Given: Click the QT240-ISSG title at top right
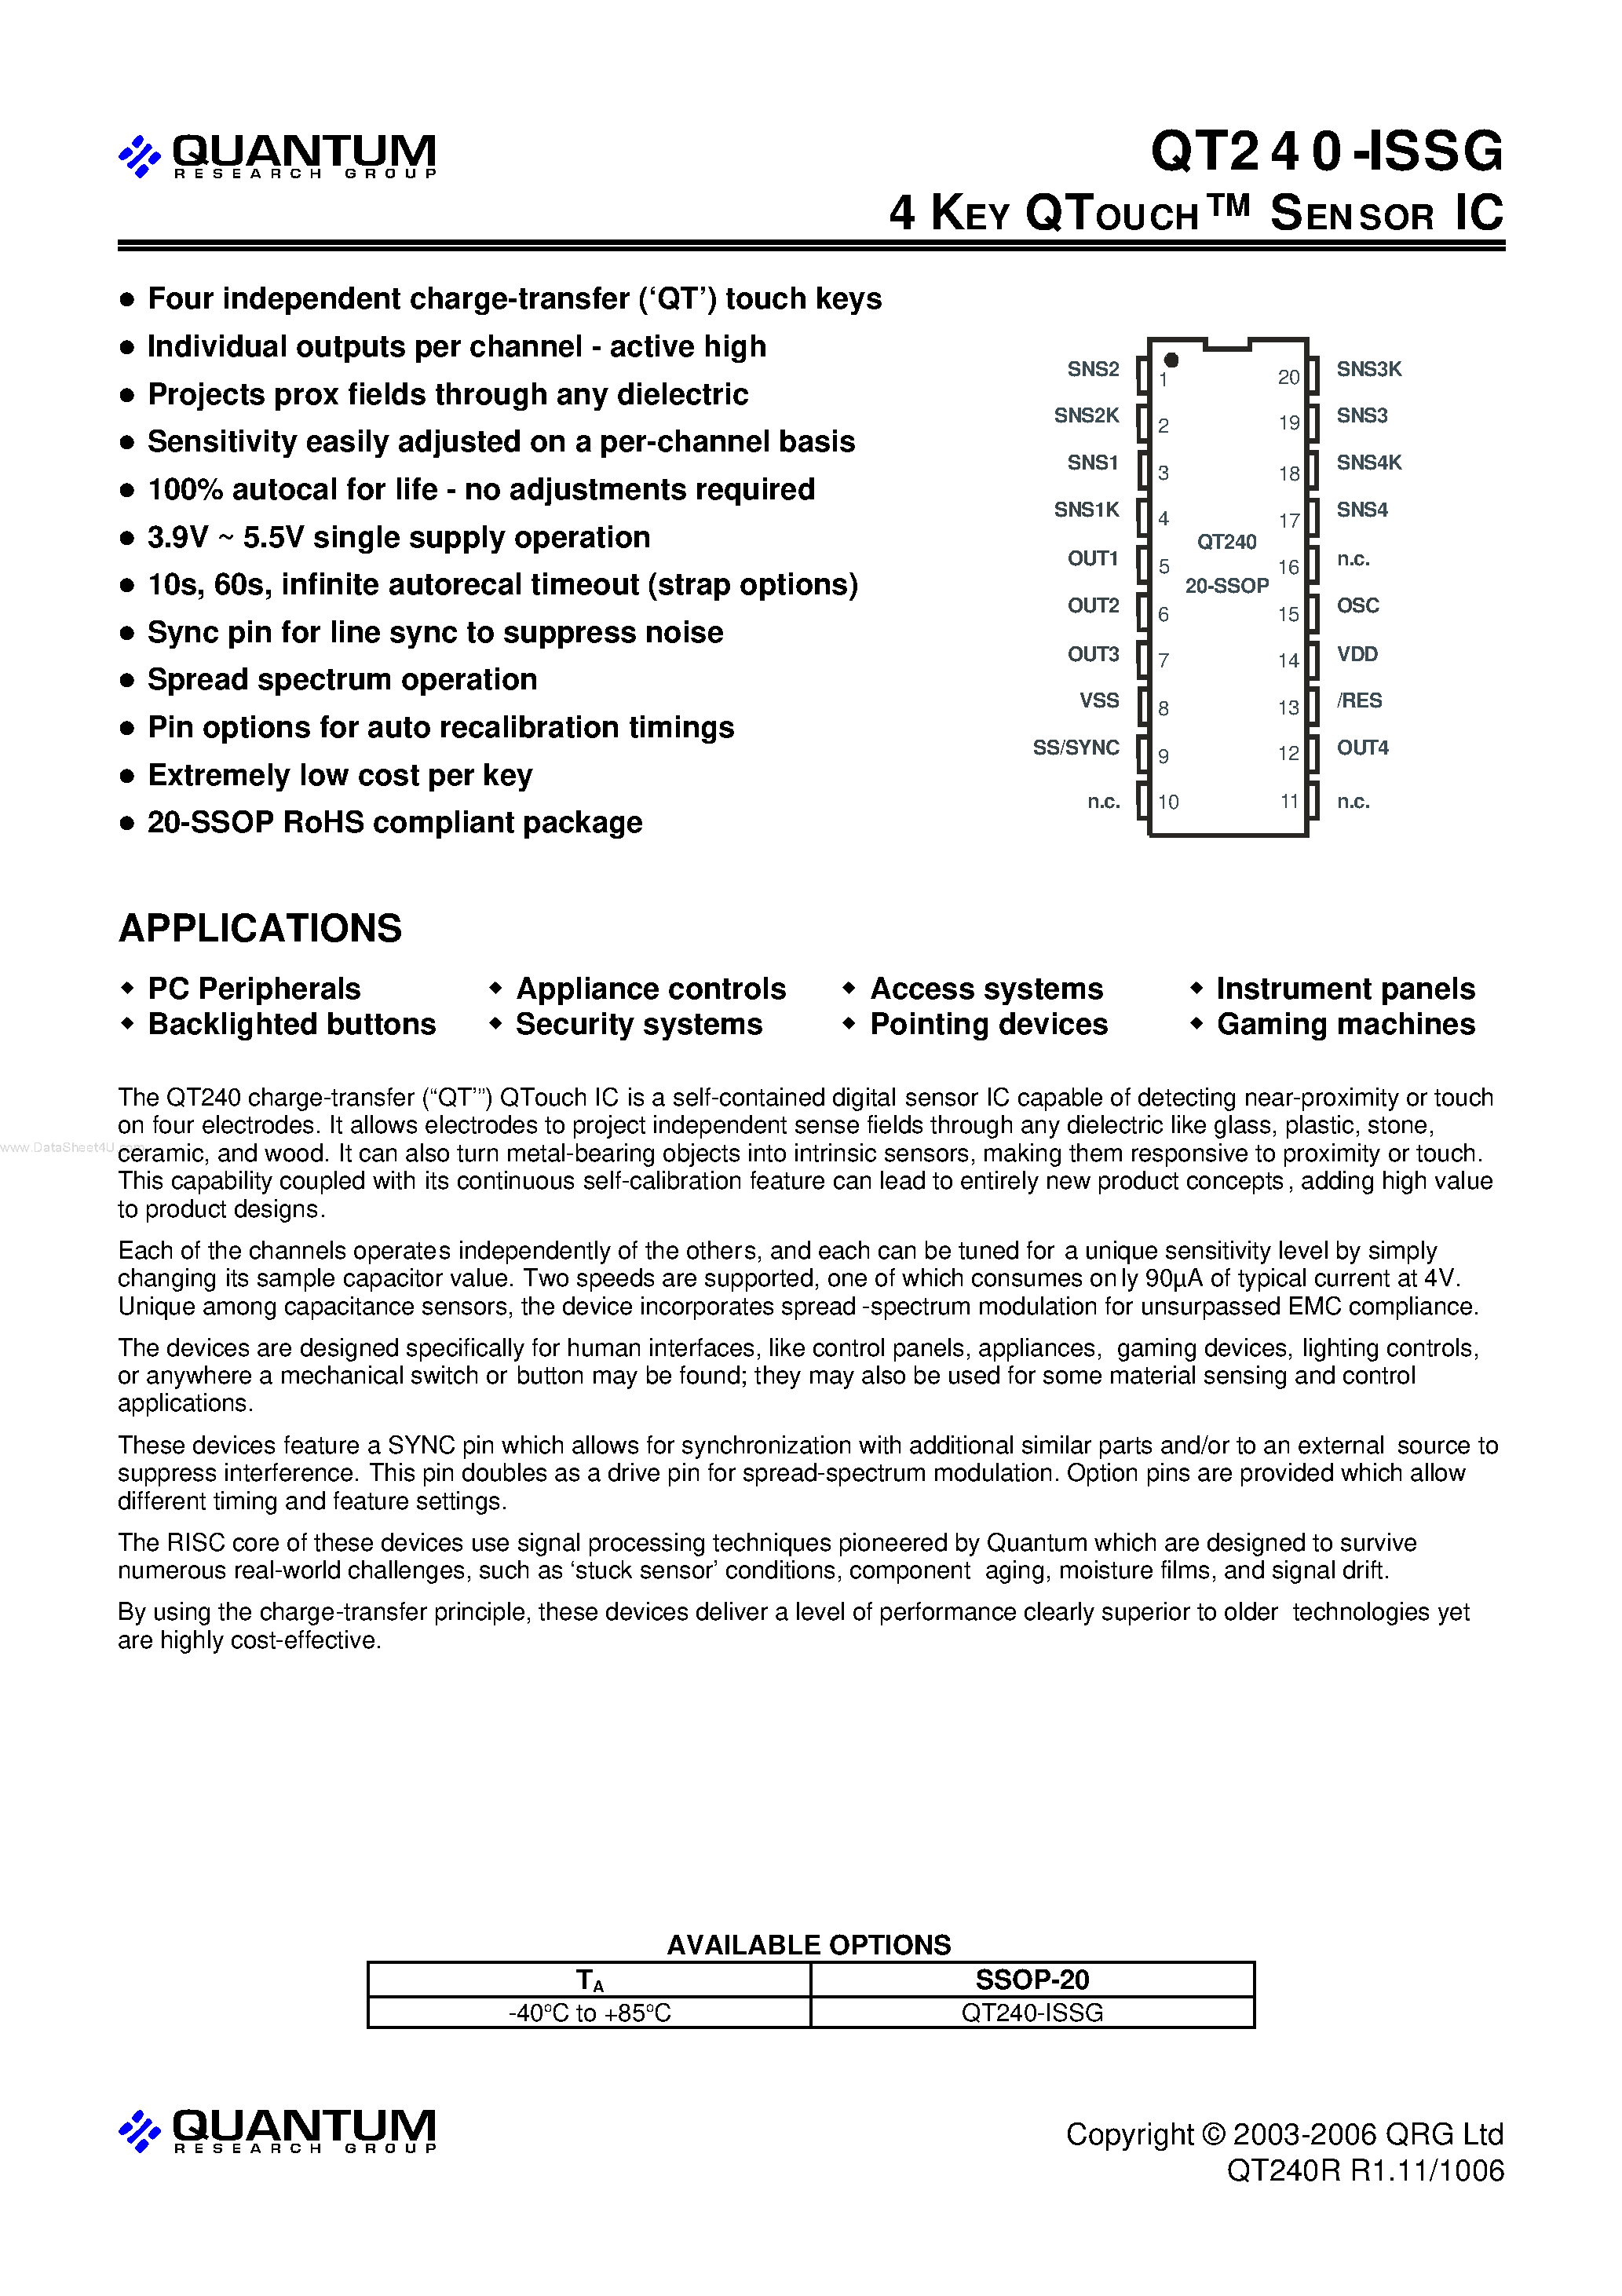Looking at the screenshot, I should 1326,152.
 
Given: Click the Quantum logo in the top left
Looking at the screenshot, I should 277,156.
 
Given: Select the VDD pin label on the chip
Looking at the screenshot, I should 1357,654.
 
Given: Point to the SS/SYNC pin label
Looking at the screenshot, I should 1076,748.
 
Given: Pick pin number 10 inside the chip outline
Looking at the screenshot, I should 1168,802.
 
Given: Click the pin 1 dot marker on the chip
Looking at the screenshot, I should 1171,360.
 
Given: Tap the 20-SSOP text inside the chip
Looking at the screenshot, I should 1227,586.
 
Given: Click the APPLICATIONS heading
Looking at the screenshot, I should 260,929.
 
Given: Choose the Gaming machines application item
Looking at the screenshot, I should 1345,1025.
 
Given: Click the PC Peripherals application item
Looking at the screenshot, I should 254,989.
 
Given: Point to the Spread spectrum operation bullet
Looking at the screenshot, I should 342,680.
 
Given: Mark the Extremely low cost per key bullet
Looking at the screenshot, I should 340,775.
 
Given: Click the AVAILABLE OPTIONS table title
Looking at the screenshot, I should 809,1945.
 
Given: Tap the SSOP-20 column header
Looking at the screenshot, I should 1032,1980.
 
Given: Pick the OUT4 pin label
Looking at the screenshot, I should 1362,748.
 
